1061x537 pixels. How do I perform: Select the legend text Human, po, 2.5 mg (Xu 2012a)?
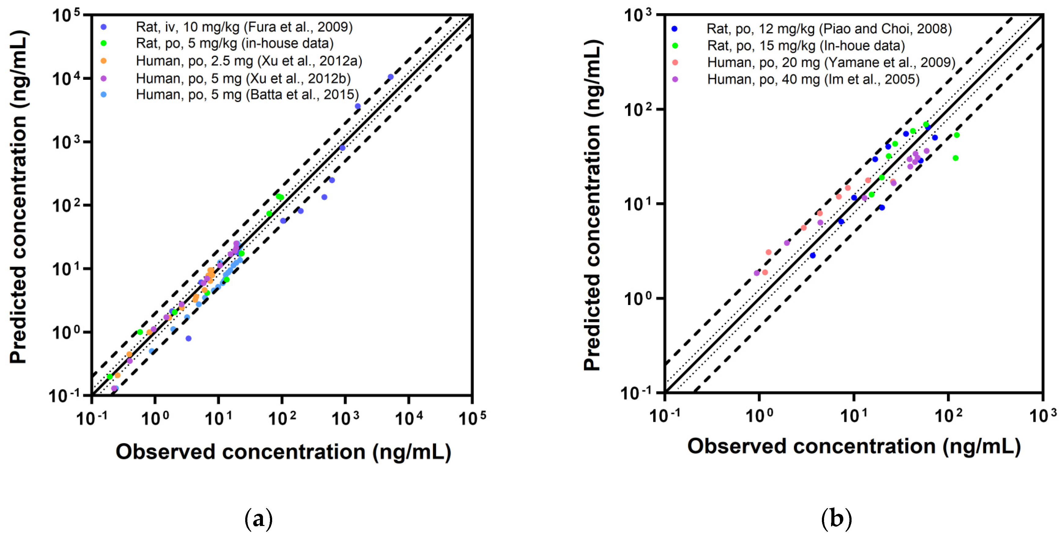point(249,61)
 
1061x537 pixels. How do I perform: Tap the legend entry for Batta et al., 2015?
point(247,95)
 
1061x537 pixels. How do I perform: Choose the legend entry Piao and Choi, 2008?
point(829,29)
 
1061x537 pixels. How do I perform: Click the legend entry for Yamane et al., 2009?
point(831,63)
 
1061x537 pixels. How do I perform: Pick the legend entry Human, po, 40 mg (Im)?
point(813,79)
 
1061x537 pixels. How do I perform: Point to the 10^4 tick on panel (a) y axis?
point(66,78)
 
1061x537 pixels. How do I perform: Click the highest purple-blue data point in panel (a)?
point(390,77)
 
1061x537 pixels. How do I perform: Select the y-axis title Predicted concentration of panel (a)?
point(19,198)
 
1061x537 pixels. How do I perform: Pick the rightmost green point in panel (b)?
point(957,135)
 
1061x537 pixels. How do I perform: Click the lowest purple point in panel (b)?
point(757,273)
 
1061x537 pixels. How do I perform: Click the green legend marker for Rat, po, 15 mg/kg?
point(675,46)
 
